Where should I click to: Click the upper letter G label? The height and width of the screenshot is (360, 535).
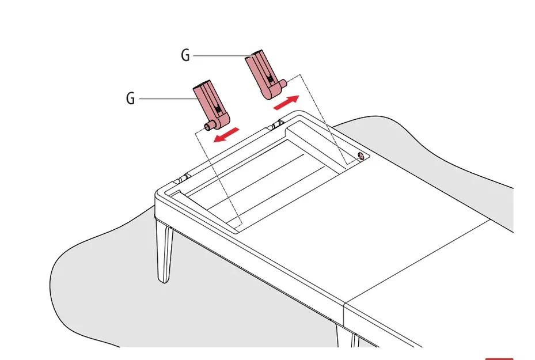(185, 55)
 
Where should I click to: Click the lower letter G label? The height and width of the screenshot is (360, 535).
(130, 98)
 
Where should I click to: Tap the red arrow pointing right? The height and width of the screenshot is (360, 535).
(286, 103)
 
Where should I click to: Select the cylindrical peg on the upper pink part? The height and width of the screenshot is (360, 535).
(282, 84)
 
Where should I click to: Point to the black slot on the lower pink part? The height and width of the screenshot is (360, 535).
(218, 109)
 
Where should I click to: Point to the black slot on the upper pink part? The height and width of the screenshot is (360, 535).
(271, 79)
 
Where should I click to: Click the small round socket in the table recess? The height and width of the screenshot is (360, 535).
(361, 157)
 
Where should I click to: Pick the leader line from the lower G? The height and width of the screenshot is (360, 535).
(168, 99)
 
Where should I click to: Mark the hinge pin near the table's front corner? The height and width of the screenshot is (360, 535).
(181, 179)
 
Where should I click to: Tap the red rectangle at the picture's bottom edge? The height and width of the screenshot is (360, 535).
(499, 359)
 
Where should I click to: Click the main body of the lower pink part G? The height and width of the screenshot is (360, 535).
(211, 103)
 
